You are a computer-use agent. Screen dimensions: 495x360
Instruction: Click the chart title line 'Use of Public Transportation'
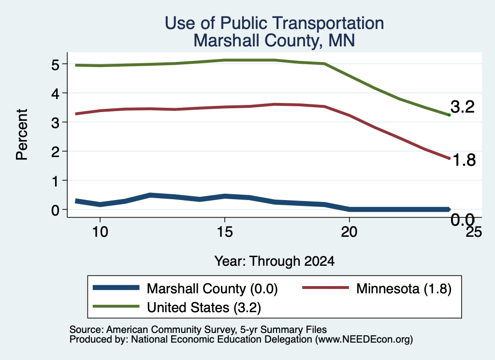(x=274, y=23)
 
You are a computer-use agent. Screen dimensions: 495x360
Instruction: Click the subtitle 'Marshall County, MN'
(x=274, y=41)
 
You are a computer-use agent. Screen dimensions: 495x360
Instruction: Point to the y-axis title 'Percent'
(x=22, y=135)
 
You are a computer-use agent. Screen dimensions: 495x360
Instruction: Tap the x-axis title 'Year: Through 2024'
(x=275, y=261)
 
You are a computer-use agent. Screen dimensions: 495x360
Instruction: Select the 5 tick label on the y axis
(x=55, y=65)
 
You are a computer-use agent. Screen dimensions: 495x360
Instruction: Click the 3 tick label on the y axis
(x=55, y=123)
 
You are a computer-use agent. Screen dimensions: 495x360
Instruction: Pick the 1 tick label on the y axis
(x=56, y=181)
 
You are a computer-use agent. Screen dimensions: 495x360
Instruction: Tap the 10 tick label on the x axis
(x=100, y=232)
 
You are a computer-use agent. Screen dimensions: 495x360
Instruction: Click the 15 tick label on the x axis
(x=225, y=232)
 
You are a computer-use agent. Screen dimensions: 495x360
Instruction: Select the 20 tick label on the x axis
(x=349, y=232)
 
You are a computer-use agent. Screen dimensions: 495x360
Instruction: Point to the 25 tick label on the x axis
(x=474, y=232)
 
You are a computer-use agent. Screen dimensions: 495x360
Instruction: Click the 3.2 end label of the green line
(x=463, y=107)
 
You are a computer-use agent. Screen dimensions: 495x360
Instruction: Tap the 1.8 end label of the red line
(x=464, y=160)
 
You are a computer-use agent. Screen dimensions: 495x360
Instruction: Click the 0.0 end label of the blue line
(x=463, y=219)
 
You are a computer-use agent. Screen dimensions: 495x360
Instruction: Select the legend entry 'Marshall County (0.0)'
(x=185, y=288)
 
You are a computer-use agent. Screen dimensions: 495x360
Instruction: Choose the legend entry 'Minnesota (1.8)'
(x=377, y=288)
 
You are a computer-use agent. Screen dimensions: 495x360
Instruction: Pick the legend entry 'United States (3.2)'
(x=177, y=307)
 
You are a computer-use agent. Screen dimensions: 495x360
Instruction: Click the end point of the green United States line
(x=449, y=115)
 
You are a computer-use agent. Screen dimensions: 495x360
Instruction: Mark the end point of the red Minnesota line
(x=449, y=158)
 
